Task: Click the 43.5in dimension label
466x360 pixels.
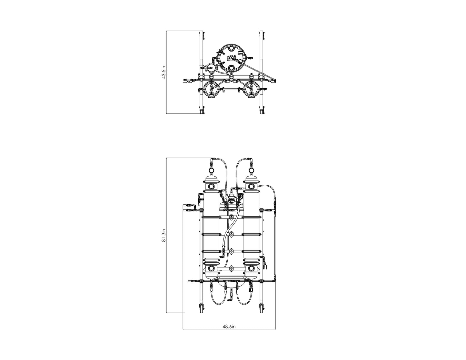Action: point(164,72)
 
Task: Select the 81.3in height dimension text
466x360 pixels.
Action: point(164,236)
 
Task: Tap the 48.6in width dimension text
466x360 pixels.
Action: point(229,326)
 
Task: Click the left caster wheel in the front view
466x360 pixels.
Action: point(201,308)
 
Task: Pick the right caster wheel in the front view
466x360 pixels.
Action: point(261,308)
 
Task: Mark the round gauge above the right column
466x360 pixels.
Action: point(251,170)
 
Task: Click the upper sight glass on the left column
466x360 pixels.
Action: point(211,187)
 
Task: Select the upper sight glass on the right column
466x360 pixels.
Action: point(251,187)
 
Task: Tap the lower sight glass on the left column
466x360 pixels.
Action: point(211,268)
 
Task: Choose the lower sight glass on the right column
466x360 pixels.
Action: point(251,268)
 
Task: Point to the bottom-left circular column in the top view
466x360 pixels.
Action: point(211,89)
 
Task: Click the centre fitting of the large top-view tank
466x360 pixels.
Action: point(231,58)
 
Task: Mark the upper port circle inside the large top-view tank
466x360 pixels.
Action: point(231,48)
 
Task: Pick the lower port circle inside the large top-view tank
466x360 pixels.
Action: point(231,68)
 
